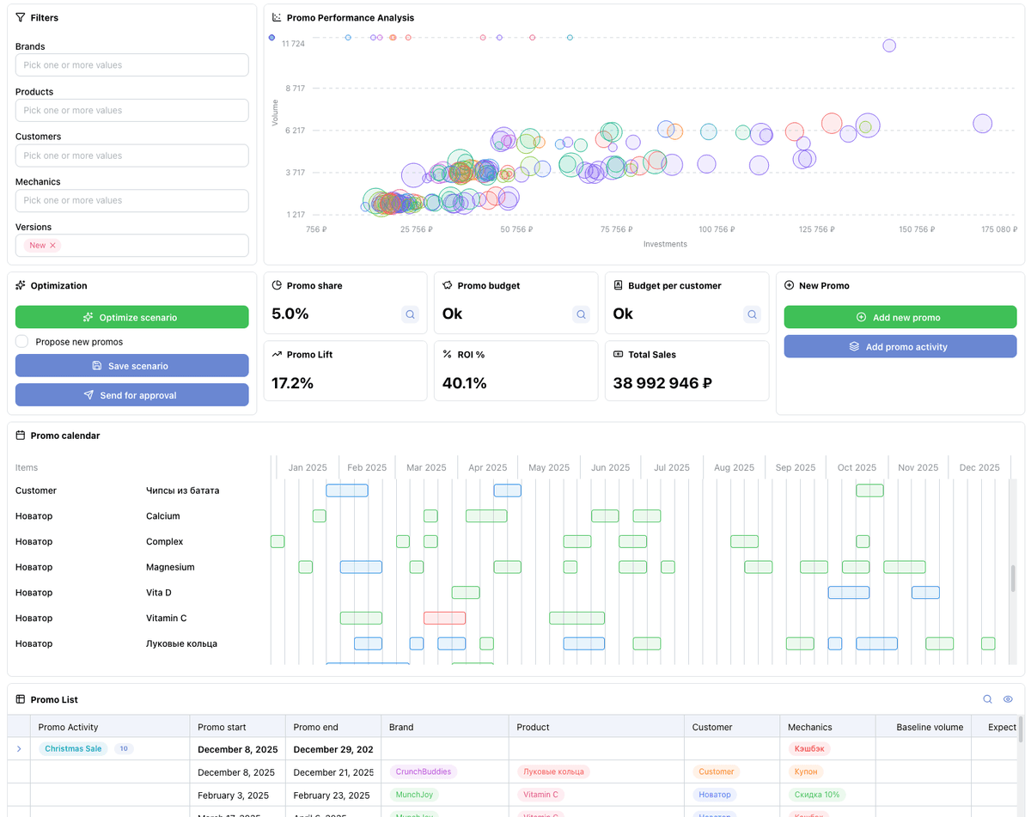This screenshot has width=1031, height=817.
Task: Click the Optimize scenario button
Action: coord(131,317)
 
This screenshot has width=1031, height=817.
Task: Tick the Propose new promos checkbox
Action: coord(22,342)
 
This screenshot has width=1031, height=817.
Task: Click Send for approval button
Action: coord(131,395)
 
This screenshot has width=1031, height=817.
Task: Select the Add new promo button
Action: coord(900,317)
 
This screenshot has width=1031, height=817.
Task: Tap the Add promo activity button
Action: coord(900,346)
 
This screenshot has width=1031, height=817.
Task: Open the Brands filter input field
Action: coord(131,65)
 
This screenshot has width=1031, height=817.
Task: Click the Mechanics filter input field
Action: coord(131,201)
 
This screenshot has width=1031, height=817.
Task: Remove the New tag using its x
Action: coord(52,246)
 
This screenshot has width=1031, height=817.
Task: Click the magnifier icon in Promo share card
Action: coord(410,314)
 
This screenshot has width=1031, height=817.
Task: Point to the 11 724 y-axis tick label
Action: coord(293,44)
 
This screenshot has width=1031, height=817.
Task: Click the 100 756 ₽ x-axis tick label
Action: coord(717,229)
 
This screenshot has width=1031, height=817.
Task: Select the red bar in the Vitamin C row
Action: coord(444,618)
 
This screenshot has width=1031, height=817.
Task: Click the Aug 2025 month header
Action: coord(733,467)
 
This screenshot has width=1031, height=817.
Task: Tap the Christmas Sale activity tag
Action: coord(73,748)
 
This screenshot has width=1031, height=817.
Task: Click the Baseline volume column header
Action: coord(929,727)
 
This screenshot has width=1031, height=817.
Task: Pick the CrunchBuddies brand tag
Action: coord(423,771)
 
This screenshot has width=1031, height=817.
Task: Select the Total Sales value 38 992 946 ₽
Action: coord(662,383)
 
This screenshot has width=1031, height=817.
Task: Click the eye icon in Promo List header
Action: coord(1008,699)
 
